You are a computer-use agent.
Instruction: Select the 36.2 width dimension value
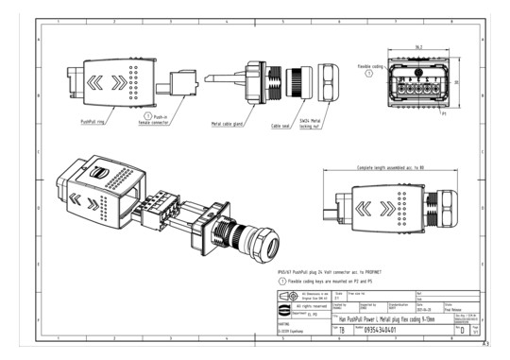418,44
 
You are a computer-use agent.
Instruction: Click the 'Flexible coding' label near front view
370,66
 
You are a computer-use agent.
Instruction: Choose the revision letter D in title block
461,332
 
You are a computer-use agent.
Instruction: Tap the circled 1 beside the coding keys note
269,281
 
